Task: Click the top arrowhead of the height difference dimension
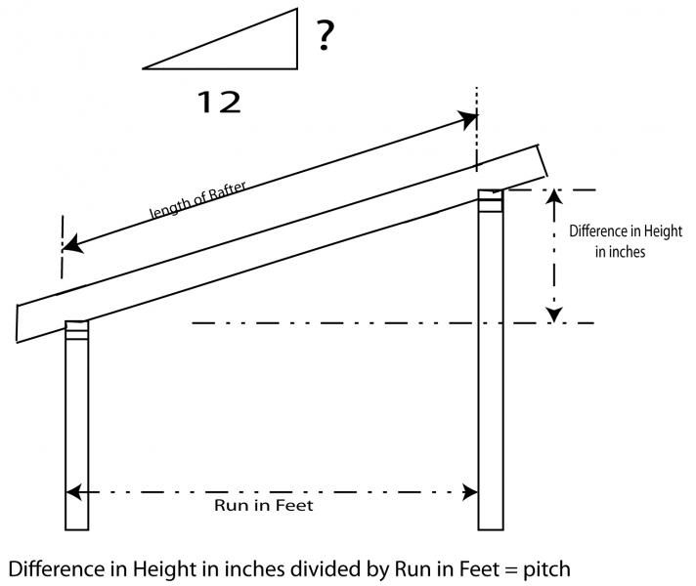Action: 554,196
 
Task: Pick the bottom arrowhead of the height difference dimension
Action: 554,314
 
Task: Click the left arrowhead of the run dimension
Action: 73,493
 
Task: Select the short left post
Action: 77,430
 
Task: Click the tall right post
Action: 490,371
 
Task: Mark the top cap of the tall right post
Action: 490,199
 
